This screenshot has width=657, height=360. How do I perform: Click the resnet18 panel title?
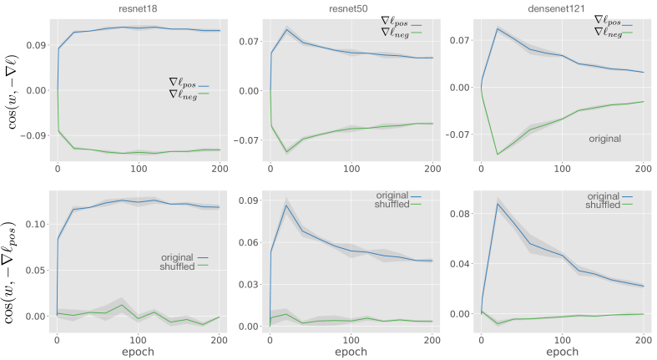point(139,6)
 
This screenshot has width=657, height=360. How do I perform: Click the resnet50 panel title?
point(351,6)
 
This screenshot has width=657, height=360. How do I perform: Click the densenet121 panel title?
point(564,6)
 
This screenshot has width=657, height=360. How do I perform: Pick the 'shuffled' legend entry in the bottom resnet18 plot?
point(176,266)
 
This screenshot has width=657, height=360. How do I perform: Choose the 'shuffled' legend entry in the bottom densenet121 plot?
point(605,205)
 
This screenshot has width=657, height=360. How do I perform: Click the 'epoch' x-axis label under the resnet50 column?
point(351,352)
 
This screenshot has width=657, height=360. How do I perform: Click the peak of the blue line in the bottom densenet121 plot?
point(498,203)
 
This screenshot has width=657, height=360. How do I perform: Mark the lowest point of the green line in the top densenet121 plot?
point(498,154)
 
